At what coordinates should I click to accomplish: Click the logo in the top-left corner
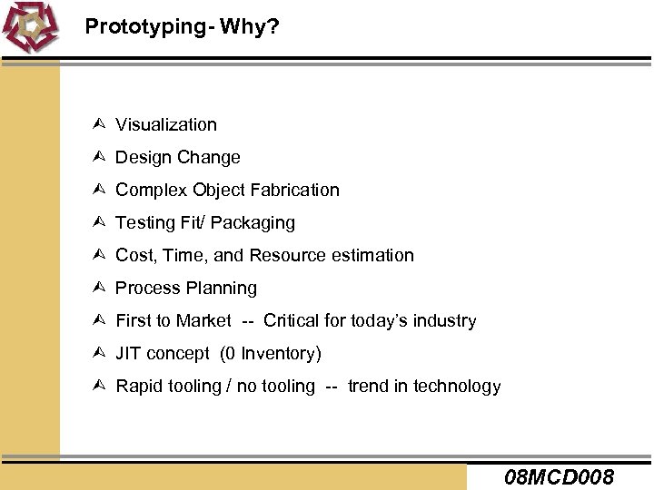tap(31, 28)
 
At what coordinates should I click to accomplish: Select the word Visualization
tap(166, 124)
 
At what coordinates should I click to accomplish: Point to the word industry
tap(445, 320)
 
